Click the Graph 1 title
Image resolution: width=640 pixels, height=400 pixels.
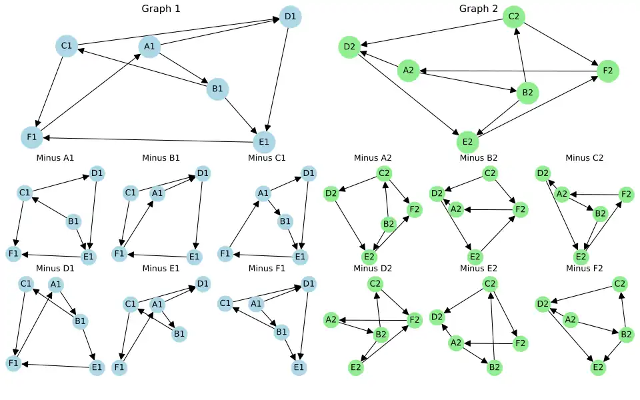[161, 9]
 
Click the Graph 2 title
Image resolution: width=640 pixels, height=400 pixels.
[478, 9]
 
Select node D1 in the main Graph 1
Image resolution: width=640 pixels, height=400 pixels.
[290, 17]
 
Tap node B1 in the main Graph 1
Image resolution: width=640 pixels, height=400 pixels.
[217, 89]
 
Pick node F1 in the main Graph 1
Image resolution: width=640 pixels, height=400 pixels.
[31, 138]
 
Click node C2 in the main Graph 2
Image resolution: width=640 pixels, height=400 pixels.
[513, 16]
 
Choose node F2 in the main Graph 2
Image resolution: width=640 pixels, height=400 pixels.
[607, 71]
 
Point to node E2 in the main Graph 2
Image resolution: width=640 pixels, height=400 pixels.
[467, 142]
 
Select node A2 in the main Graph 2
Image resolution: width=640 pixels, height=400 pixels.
[409, 71]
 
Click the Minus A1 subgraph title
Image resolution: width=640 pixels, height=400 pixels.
[55, 158]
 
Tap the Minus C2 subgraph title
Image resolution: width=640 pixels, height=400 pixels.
[584, 158]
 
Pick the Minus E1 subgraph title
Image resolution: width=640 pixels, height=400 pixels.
[161, 268]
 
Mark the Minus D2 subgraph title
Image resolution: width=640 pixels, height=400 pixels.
[373, 268]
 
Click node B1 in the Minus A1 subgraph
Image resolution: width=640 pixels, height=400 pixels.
[74, 221]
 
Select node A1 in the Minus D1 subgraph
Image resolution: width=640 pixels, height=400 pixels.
[56, 285]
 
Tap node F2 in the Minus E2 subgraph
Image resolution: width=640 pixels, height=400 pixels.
[520, 344]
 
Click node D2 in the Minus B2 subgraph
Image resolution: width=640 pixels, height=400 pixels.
[437, 194]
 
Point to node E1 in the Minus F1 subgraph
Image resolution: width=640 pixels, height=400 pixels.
[299, 367]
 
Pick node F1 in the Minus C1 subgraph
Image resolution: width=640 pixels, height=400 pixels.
[225, 253]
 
